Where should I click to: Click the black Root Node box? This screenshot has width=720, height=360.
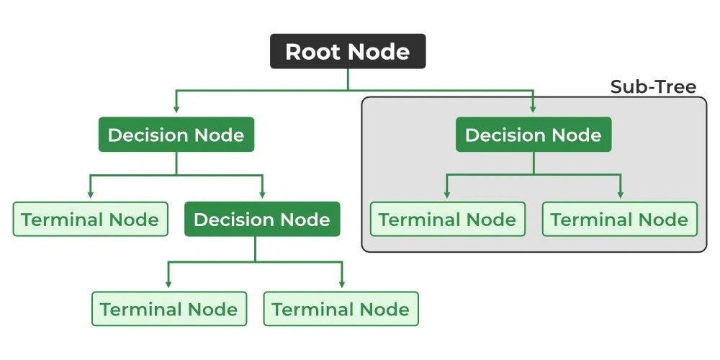[348, 52]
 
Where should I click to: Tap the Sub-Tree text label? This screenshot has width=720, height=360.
[653, 87]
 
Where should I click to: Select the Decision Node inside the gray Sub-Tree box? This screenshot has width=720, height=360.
[534, 135]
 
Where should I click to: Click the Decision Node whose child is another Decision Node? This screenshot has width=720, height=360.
[176, 135]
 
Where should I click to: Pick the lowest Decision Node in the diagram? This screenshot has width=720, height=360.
[262, 220]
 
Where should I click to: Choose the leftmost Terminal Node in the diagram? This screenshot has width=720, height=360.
[90, 220]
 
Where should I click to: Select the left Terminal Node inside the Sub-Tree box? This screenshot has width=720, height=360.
[447, 220]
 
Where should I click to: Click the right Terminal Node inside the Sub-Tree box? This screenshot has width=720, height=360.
[619, 220]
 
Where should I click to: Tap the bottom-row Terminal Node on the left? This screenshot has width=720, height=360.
[168, 310]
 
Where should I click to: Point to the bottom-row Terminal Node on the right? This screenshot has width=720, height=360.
[341, 310]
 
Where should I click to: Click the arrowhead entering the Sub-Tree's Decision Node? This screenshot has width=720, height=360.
[534, 109]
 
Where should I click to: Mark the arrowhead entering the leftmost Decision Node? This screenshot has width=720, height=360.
[176, 109]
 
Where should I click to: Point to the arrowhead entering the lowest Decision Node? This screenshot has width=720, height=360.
[262, 194]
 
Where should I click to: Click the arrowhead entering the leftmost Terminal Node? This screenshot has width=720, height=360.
[90, 194]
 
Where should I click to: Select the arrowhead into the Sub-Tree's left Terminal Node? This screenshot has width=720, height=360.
[447, 194]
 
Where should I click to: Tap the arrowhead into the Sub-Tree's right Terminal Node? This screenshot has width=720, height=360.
[619, 194]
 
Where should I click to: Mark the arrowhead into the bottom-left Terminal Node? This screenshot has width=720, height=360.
[168, 284]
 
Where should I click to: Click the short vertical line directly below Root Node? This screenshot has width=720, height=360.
[348, 79]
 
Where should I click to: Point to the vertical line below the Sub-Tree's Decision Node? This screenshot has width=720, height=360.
[534, 163]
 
